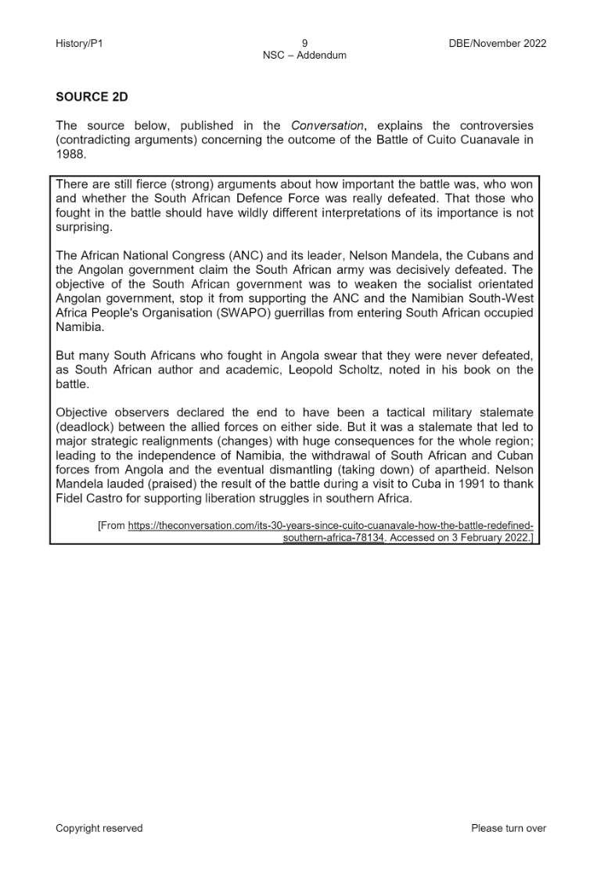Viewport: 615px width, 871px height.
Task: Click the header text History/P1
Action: pyautogui.click(x=79, y=44)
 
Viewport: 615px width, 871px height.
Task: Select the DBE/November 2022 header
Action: pyautogui.click(x=492, y=44)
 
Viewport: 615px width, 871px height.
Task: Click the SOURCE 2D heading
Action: pyautogui.click(x=92, y=97)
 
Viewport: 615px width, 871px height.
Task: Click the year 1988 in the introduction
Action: pyautogui.click(x=70, y=154)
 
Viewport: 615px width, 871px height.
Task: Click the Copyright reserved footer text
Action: pyautogui.click(x=99, y=828)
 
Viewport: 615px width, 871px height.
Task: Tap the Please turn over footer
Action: pyautogui.click(x=509, y=828)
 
